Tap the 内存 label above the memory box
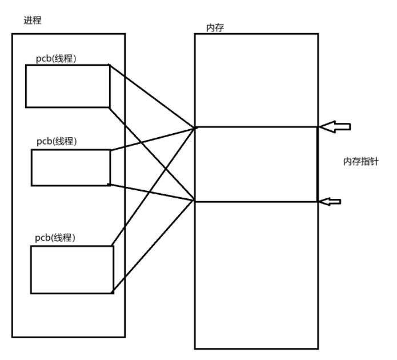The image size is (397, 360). (214, 27)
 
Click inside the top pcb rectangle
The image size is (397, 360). (67, 86)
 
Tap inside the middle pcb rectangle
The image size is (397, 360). (70, 167)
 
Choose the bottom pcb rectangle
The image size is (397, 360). (70, 269)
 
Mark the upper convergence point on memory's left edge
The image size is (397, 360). (195, 127)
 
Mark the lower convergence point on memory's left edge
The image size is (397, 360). (195, 201)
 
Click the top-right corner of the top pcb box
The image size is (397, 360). (109, 65)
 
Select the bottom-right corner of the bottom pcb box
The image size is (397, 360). (113, 293)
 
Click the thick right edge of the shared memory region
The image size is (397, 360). (318, 164)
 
